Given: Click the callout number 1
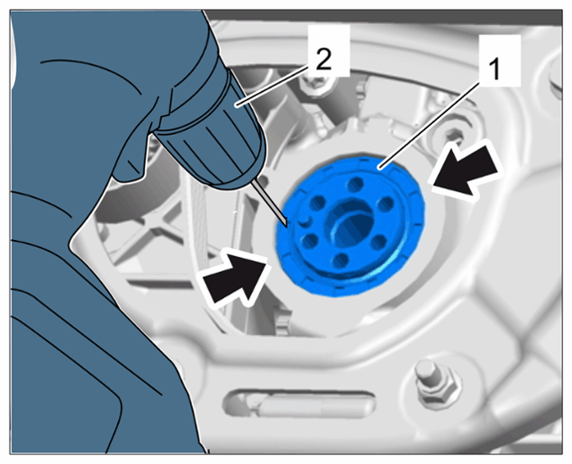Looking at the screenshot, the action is coord(494,70).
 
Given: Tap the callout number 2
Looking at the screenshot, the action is coord(324,60).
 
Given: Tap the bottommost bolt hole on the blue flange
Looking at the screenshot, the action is coord(341,260).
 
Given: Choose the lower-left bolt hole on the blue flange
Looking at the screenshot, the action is coord(310,240).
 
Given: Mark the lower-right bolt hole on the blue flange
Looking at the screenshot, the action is coord(379,242).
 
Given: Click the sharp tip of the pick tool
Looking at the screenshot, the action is coord(287,227).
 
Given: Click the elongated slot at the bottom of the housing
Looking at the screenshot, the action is coord(300,403).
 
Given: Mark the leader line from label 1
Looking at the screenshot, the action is coord(430,125).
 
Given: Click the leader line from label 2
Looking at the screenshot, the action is coord(273,87).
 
